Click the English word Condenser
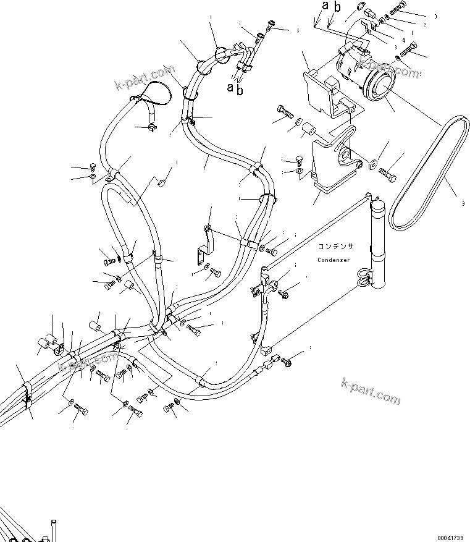(x=334, y=260)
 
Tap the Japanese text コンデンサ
(x=337, y=245)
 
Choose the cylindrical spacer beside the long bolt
(x=308, y=131)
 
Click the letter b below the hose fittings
(x=240, y=90)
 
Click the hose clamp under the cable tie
(x=149, y=128)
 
